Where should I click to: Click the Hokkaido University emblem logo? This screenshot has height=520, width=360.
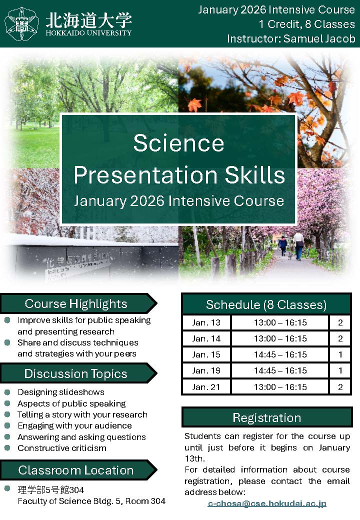pyautogui.click(x=21, y=24)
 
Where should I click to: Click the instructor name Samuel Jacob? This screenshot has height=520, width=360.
pyautogui.click(x=319, y=39)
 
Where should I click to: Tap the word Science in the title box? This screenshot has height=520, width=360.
pyautogui.click(x=178, y=143)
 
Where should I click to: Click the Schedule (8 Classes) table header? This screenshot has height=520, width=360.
pyautogui.click(x=266, y=304)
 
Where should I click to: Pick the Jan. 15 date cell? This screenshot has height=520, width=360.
pyautogui.click(x=206, y=354)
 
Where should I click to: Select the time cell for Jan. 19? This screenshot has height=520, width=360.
pyautogui.click(x=280, y=370)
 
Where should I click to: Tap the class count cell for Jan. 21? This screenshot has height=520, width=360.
pyautogui.click(x=340, y=387)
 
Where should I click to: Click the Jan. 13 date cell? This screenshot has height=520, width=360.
pyautogui.click(x=206, y=322)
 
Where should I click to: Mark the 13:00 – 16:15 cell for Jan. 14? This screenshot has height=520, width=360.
pyautogui.click(x=280, y=338)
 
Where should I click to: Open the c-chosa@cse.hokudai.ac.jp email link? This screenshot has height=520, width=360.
pyautogui.click(x=267, y=503)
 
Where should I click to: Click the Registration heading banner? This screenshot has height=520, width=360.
pyautogui.click(x=267, y=417)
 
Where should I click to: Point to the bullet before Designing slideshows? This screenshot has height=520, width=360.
pyautogui.click(x=7, y=392)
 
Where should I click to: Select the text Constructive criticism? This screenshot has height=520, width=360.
pyautogui.click(x=62, y=448)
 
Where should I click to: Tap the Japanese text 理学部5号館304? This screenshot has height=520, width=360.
pyautogui.click(x=50, y=490)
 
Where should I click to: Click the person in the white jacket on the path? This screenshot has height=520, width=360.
pyautogui.click(x=298, y=245)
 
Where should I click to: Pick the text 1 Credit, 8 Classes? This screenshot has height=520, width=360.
pyautogui.click(x=306, y=24)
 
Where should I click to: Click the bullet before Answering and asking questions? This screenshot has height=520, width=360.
pyautogui.click(x=7, y=437)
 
